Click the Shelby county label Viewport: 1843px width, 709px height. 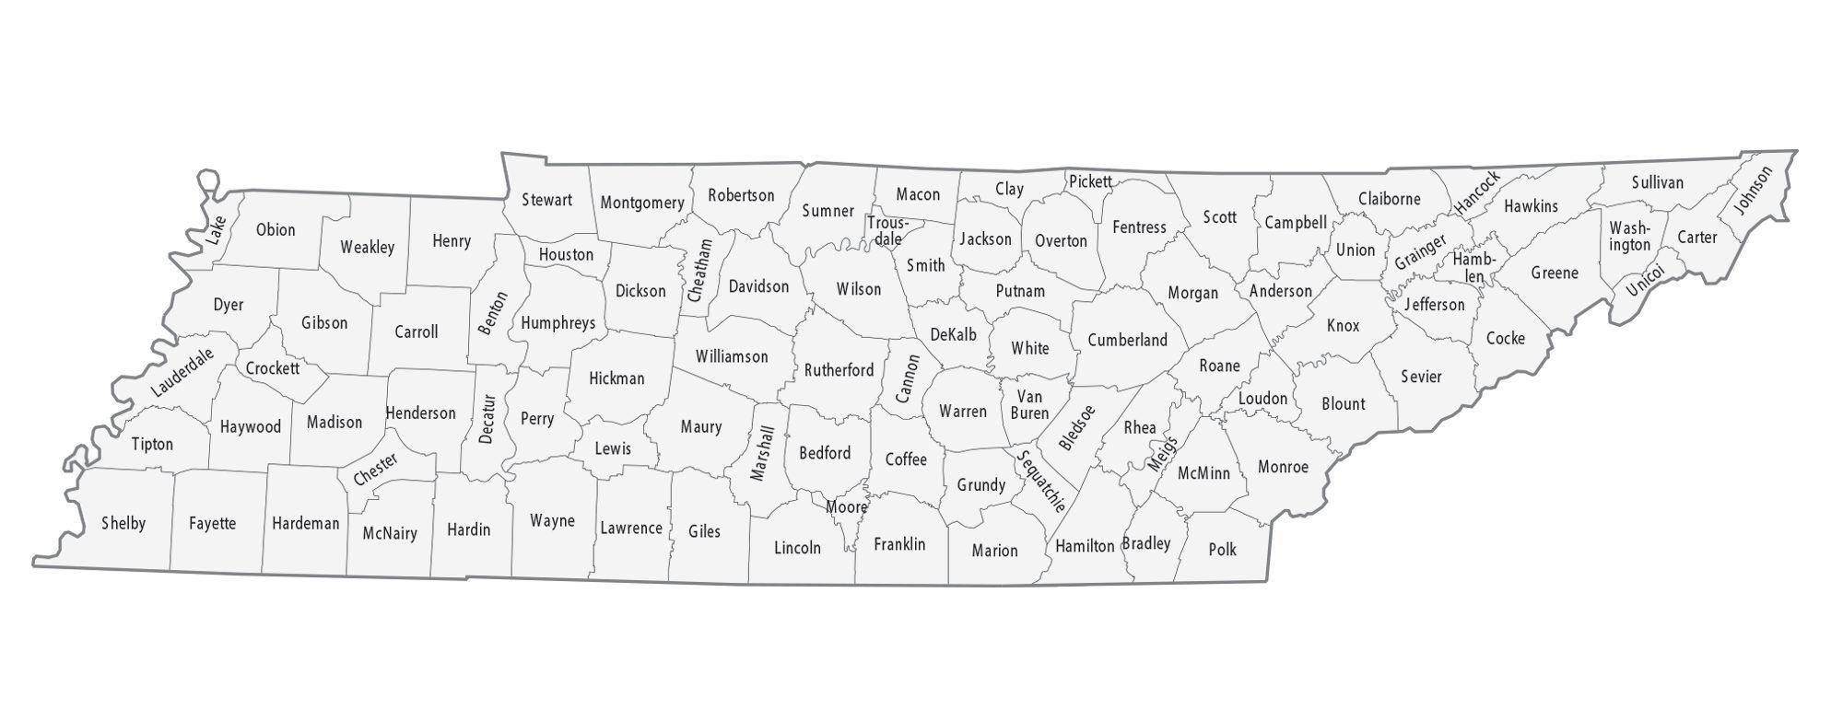[123, 524]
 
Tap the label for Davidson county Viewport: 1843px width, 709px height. [758, 286]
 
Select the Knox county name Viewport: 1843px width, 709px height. [1343, 325]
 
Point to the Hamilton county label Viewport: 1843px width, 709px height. [1085, 546]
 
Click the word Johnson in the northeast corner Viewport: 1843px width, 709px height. [1752, 191]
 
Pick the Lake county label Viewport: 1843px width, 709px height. [216, 229]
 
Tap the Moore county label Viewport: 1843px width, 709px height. [846, 507]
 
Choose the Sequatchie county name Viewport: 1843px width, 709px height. [1042, 480]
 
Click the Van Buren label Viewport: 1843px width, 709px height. [1029, 405]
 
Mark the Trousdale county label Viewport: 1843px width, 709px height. [887, 231]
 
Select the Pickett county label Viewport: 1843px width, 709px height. [1090, 181]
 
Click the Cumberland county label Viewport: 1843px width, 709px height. [1127, 340]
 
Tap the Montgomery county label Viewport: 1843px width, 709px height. [641, 203]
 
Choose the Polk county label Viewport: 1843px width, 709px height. [1222, 550]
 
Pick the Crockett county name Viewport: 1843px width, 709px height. [272, 368]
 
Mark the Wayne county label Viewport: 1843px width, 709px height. [552, 521]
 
